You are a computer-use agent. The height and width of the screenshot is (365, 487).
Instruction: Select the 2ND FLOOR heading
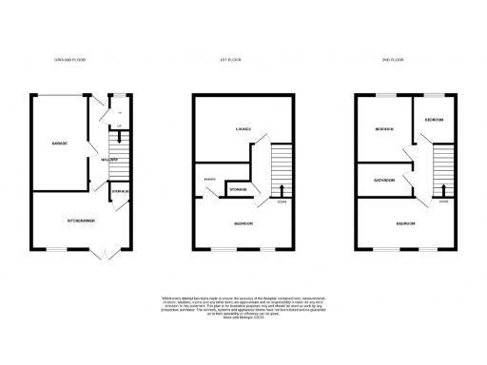coord(393,59)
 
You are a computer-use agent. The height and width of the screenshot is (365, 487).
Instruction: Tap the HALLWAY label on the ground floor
coord(107,160)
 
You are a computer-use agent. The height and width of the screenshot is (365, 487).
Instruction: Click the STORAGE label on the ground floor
coord(120,192)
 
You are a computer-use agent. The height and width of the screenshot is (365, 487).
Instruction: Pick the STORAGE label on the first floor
coord(238,190)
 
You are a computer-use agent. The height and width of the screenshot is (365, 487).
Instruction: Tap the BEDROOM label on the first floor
coord(243,222)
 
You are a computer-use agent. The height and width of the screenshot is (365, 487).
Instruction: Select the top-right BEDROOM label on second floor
coord(434,121)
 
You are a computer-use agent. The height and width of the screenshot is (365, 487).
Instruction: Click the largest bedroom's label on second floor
coord(405,224)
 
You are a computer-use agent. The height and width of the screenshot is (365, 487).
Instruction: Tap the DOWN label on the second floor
coord(444,201)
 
